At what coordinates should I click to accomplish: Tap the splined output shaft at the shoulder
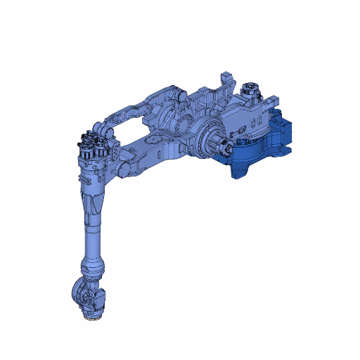[x=224, y=148]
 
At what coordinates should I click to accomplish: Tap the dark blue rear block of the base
[x=285, y=130]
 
